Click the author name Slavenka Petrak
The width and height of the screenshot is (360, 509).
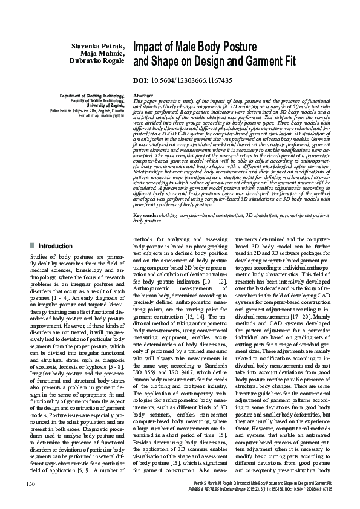[x=97, y=46]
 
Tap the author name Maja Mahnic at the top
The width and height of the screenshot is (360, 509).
[x=103, y=53]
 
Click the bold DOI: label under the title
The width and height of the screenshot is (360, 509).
[x=140, y=80]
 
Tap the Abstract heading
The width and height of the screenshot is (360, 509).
[x=142, y=96]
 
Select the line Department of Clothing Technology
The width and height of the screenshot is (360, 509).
[x=91, y=96]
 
